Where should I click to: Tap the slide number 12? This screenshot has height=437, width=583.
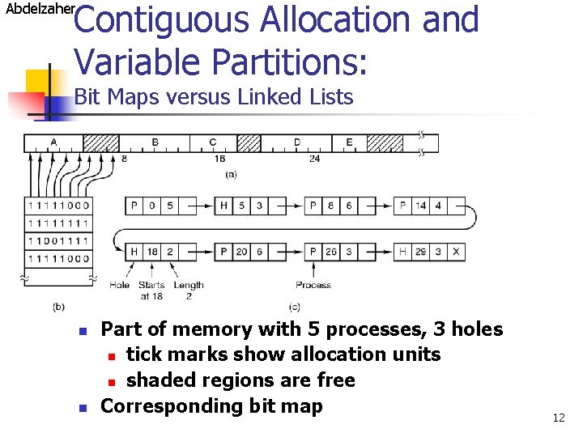[559, 418]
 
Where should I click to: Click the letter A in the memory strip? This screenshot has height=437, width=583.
[53, 142]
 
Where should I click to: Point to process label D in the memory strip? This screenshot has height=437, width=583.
[297, 142]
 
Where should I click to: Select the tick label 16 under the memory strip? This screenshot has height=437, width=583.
[220, 159]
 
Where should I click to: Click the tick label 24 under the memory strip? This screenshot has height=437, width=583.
[315, 159]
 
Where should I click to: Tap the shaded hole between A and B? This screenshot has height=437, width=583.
[101, 143]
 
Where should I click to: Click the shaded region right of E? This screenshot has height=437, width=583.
[385, 143]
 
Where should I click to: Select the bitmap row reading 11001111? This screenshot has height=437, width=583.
[58, 241]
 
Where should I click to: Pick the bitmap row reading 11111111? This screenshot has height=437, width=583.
[58, 223]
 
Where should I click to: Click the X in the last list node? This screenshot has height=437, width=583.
[457, 252]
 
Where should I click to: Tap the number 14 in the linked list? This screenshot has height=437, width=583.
[421, 206]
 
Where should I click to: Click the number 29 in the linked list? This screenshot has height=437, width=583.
[421, 252]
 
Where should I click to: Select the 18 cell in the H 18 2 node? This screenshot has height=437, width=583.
[152, 252]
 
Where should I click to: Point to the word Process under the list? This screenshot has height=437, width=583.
[313, 285]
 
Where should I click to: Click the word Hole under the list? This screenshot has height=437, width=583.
[119, 285]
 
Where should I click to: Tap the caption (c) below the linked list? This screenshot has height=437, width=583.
[296, 307]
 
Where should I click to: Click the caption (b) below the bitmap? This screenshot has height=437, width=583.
[58, 307]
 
